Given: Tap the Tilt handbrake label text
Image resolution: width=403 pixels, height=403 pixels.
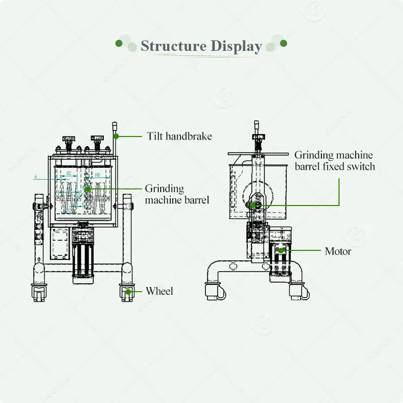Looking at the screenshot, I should (179, 136).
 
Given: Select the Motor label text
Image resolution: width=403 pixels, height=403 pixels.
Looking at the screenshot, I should (338, 251).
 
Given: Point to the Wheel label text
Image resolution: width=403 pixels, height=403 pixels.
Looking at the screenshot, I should (159, 291).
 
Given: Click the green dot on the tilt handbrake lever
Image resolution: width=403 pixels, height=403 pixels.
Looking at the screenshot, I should (116, 136).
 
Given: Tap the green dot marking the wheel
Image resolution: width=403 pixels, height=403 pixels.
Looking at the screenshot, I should (129, 291).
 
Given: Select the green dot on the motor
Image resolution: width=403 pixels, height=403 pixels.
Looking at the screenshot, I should (282, 250).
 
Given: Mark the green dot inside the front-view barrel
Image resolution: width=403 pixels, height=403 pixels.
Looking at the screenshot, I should (88, 188).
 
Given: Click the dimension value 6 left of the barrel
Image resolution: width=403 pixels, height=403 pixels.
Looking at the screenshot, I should (36, 176).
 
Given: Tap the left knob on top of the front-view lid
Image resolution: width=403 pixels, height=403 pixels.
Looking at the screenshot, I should (69, 139).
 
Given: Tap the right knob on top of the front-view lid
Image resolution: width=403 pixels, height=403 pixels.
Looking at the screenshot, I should (97, 139).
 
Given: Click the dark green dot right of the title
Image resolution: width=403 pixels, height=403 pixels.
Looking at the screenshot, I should (284, 43).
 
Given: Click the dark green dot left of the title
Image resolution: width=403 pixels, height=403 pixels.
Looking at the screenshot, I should (119, 43).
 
